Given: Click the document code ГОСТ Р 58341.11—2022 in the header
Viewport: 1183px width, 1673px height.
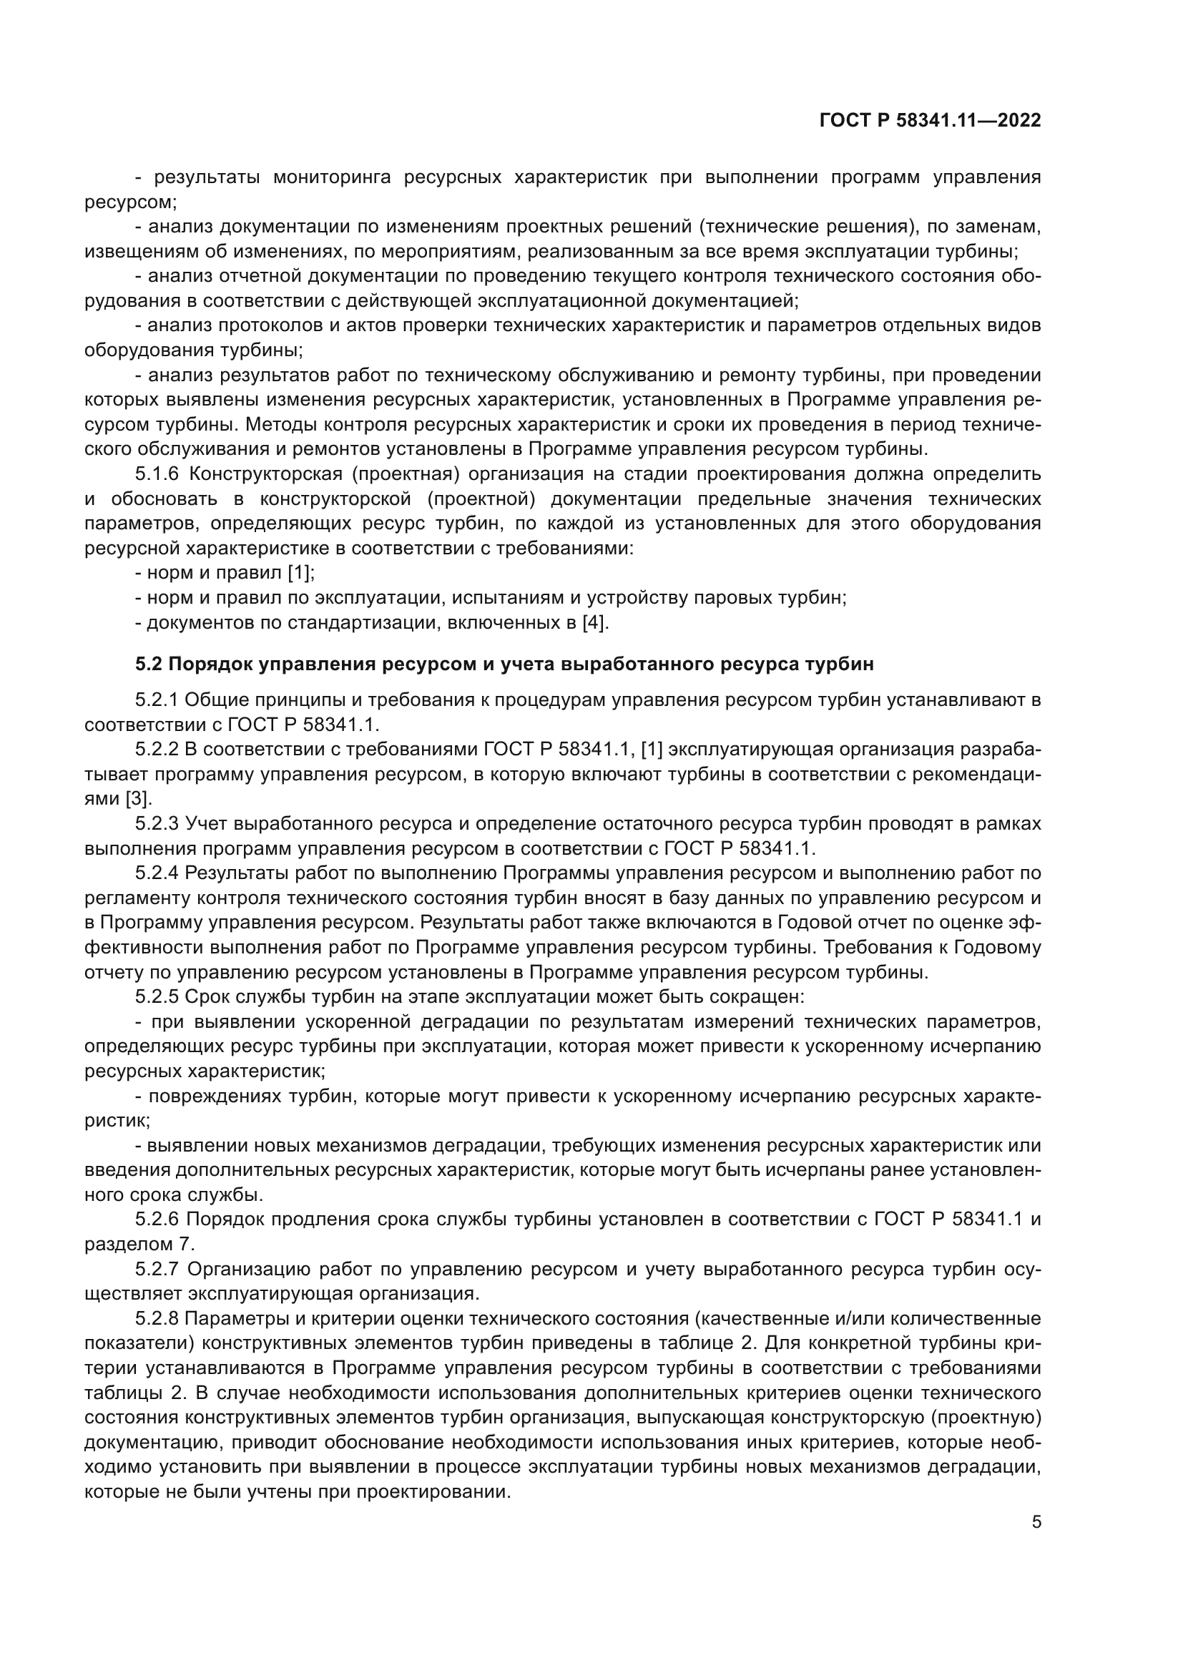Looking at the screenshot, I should click(x=931, y=120).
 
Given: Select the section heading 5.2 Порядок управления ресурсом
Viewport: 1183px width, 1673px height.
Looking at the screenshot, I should click(x=504, y=664).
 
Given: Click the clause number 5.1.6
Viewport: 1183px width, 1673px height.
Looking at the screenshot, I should click(x=157, y=474).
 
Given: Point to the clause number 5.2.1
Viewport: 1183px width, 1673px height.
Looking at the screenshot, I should click(x=157, y=700).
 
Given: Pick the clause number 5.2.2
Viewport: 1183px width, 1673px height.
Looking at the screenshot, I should click(x=157, y=750).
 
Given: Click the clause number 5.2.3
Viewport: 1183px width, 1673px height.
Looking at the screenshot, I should click(x=157, y=824).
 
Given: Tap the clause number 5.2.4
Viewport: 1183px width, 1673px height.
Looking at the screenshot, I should click(x=157, y=873).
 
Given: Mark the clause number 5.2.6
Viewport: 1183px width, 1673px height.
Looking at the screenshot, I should click(x=157, y=1219).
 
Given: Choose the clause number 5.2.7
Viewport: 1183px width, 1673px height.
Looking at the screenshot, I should click(x=157, y=1269).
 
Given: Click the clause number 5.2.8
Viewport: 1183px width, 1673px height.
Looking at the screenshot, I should click(x=157, y=1318).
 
